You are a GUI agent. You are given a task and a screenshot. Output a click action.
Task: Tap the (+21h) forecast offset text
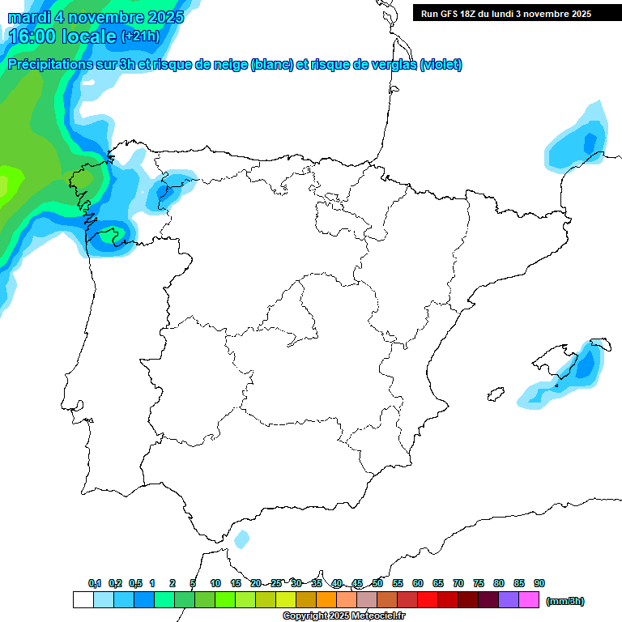tap(140, 36)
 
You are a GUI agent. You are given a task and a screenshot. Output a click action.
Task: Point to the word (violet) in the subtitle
tap(441, 65)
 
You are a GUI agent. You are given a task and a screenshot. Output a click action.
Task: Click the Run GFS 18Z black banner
tap(517, 13)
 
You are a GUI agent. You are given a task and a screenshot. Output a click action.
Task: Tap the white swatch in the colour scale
tap(83, 599)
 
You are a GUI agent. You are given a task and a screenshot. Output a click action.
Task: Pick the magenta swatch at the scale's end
tap(529, 599)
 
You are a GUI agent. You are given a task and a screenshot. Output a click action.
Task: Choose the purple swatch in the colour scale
tap(509, 599)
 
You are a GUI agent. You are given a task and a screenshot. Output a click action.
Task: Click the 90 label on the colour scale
tap(539, 583)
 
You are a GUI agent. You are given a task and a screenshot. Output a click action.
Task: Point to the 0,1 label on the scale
tap(95, 583)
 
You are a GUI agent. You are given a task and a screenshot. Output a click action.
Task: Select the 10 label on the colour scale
tap(215, 583)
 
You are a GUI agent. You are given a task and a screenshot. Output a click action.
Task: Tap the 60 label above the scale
tap(418, 583)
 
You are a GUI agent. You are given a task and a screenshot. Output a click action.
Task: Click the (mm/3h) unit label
tap(564, 601)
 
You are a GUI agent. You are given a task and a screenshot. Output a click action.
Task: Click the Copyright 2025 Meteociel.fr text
tap(344, 616)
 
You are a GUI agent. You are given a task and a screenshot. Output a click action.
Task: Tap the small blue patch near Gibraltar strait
tap(241, 539)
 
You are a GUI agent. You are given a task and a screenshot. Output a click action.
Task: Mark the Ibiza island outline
tap(493, 394)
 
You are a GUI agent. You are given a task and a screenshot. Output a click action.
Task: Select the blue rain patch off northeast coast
tap(578, 142)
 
